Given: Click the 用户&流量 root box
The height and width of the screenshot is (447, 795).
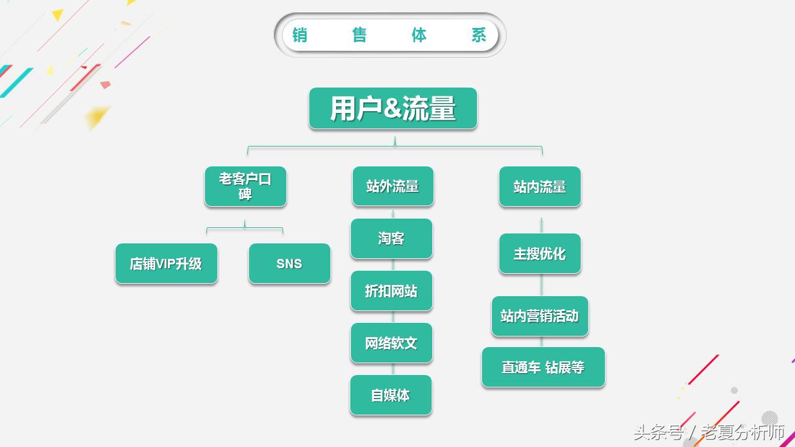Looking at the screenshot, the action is pyautogui.click(x=393, y=109).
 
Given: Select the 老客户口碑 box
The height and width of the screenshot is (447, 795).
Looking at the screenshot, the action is pyautogui.click(x=245, y=186).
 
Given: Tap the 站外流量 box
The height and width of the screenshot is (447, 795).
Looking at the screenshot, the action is pyautogui.click(x=393, y=186).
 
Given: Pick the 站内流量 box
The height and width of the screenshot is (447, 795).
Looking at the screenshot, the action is pyautogui.click(x=540, y=186).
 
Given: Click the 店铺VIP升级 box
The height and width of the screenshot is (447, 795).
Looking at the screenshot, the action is pyautogui.click(x=166, y=264).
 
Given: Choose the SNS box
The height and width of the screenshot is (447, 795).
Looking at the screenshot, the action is pyautogui.click(x=289, y=264).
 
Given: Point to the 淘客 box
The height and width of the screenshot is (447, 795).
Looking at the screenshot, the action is pyautogui.click(x=391, y=238).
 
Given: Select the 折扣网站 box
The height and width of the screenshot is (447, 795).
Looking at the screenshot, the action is pyautogui.click(x=391, y=291).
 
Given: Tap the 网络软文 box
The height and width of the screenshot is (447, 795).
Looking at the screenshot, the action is pyautogui.click(x=391, y=343).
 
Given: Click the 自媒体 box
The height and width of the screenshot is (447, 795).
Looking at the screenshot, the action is pyautogui.click(x=391, y=395).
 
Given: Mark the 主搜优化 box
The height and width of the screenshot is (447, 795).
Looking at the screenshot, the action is pyautogui.click(x=540, y=253).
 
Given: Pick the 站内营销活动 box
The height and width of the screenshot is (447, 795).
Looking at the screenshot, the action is pyautogui.click(x=540, y=316).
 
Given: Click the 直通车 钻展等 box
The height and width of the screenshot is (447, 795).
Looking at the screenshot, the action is pyautogui.click(x=543, y=368).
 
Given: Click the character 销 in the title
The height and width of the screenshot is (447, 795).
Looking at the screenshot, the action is pyautogui.click(x=300, y=35).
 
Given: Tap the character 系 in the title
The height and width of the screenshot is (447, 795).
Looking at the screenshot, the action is pyautogui.click(x=479, y=35).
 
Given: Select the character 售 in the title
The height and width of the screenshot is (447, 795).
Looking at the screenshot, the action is pyautogui.click(x=360, y=35).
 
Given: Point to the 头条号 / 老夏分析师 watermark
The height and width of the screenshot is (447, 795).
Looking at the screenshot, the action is pyautogui.click(x=709, y=432).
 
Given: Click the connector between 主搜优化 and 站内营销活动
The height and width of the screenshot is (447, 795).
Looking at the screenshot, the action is pyautogui.click(x=542, y=285).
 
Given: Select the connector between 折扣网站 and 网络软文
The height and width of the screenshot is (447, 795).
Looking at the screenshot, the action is pyautogui.click(x=393, y=317).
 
